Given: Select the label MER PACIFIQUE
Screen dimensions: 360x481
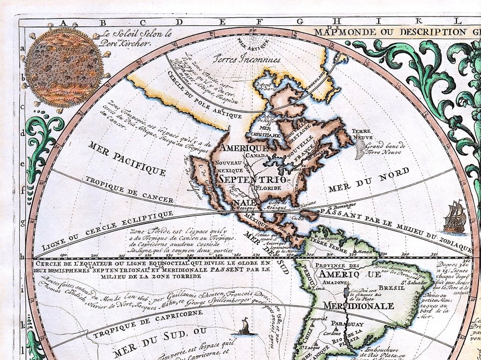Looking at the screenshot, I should [126, 158].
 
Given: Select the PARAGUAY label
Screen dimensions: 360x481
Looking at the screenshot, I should [347, 324].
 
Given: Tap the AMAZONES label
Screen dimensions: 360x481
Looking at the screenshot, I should [330, 281].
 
